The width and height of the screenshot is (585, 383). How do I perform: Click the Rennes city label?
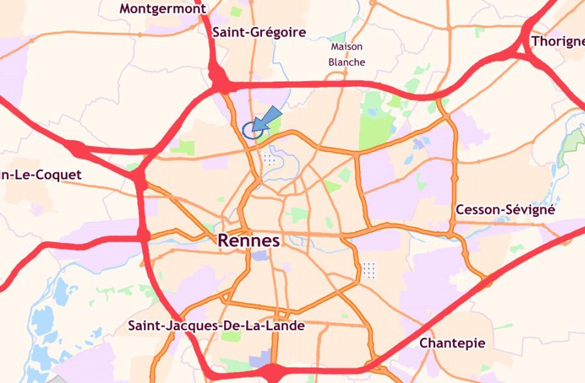click(249, 241)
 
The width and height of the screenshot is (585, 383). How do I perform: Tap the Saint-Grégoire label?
click(259, 32)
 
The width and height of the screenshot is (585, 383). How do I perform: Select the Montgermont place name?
click(162, 9)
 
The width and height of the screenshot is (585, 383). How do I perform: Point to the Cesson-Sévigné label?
click(505, 210)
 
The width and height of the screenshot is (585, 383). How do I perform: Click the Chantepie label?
click(452, 343)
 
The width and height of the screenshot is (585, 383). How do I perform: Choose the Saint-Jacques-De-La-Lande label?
click(216, 326)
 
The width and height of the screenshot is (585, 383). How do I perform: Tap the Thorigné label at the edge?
click(558, 42)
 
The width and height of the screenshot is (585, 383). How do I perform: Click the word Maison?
click(346, 47)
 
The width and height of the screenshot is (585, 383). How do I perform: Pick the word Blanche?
click(346, 62)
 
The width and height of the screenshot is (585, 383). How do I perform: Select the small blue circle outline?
click(252, 130)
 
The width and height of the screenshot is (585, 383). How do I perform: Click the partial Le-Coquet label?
click(41, 175)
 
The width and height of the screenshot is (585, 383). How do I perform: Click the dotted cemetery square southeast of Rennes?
click(370, 270)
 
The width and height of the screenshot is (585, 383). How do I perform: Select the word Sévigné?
click(530, 210)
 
